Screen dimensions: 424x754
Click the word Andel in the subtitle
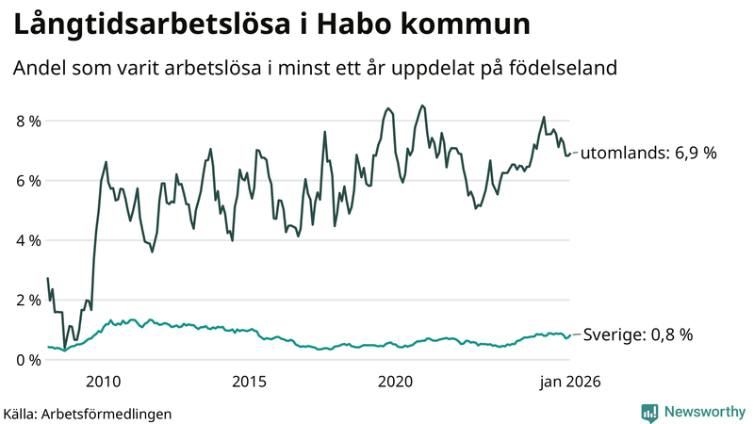click(37, 69)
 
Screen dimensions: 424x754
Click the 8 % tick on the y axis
click(27, 121)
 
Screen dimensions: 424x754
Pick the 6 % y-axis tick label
click(27, 181)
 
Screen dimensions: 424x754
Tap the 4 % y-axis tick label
click(27, 240)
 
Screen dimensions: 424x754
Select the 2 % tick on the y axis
click(27, 301)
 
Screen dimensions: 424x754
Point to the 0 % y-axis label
click(27, 360)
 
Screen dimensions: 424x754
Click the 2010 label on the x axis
click(103, 382)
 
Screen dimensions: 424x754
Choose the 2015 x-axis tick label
click(249, 382)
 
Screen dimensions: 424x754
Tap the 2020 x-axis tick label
click(395, 382)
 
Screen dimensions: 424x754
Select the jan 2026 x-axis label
click(568, 382)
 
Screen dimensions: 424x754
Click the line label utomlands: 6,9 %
click(648, 152)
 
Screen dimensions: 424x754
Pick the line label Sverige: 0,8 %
click(638, 334)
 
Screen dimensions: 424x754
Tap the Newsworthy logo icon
click(649, 412)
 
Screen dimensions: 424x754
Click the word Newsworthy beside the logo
click(704, 412)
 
